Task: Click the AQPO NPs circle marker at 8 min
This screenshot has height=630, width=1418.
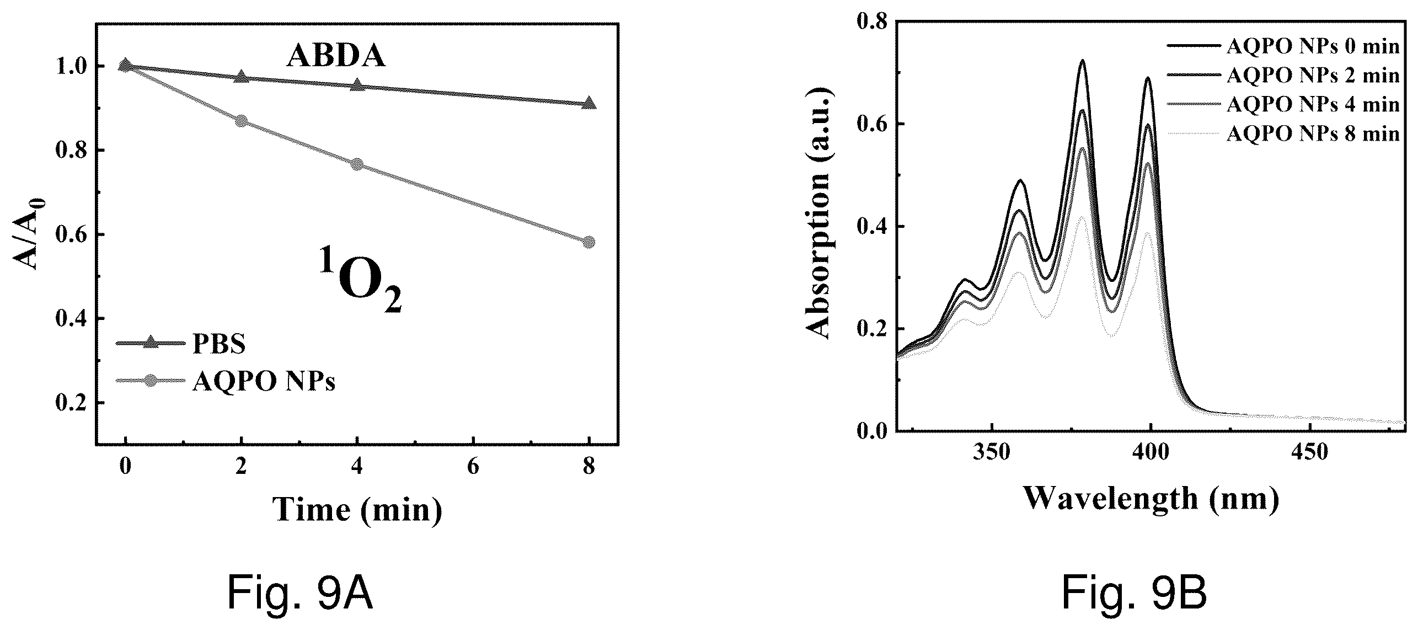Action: click(589, 242)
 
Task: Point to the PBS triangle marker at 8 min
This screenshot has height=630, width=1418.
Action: click(589, 103)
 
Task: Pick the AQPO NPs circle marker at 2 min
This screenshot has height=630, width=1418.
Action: click(241, 121)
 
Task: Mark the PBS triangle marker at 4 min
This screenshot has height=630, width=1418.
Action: click(357, 85)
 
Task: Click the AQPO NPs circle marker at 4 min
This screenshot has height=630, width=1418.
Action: click(357, 164)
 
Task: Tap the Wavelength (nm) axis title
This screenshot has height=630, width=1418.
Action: click(1151, 498)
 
